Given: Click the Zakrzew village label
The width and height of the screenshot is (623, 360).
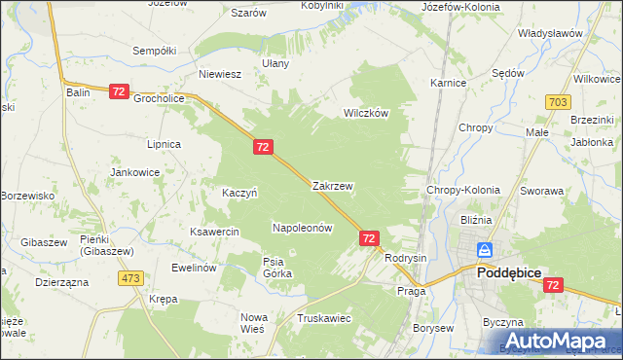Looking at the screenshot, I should tap(332, 185).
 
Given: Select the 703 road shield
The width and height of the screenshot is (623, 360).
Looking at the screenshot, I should tap(558, 102).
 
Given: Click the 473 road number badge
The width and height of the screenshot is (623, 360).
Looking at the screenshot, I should tap(131, 278).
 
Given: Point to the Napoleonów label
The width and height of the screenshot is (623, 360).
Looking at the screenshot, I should tap(302, 228).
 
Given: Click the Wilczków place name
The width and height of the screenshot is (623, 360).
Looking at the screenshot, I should tap(365, 113).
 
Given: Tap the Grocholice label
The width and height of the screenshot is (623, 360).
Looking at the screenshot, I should tap(160, 98).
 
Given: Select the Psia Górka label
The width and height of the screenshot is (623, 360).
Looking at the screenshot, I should tap(277, 267).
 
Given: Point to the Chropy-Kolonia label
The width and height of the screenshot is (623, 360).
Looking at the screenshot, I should tap(463, 191).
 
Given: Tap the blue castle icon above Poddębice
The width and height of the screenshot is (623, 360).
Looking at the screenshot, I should tap(484, 252).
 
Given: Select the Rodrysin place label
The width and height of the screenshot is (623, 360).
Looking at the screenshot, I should tap(406, 258).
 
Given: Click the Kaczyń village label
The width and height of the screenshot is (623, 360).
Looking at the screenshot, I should tap(239, 193).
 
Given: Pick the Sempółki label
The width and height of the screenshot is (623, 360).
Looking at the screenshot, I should tap(153, 51).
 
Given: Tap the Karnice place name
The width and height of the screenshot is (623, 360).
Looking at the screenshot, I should tap(448, 84).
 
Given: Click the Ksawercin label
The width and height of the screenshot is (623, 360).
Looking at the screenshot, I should tap(215, 233).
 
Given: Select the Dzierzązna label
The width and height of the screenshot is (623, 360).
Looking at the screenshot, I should tap(61, 281).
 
